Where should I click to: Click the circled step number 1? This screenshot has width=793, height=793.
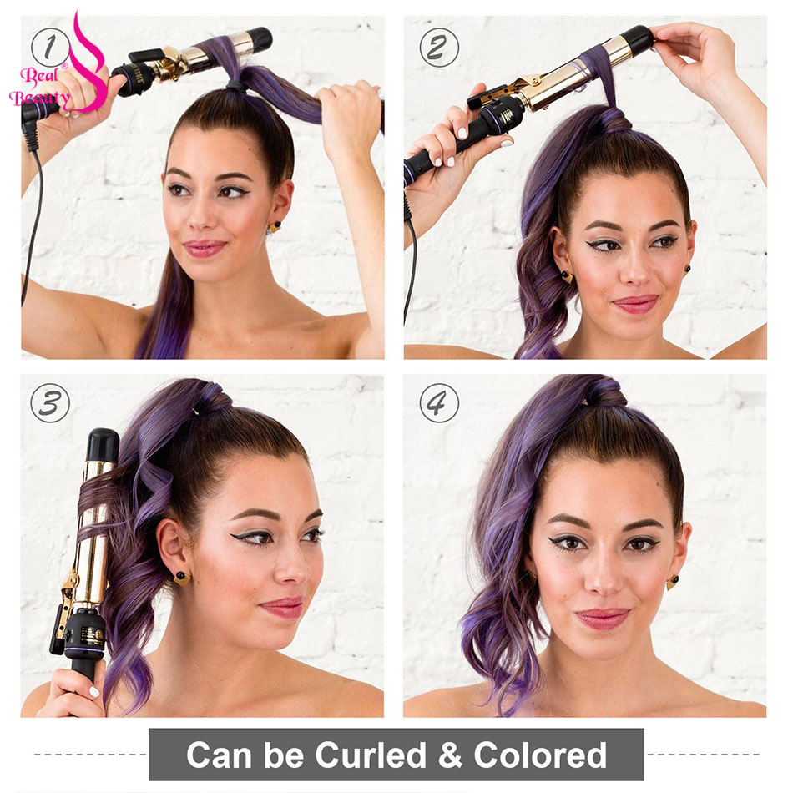(50, 48)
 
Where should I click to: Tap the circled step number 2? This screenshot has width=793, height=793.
(439, 48)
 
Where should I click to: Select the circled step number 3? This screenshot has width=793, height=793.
(50, 403)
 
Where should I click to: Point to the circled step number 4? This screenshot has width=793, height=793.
(439, 403)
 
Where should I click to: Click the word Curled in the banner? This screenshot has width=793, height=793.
(371, 755)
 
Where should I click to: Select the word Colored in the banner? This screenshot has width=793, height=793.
(540, 755)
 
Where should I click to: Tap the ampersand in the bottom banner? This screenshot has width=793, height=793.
(450, 755)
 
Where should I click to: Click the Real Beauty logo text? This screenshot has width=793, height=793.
(39, 87)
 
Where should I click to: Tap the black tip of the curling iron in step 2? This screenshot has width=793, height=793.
(638, 39)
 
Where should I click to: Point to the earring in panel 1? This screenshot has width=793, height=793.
(275, 226)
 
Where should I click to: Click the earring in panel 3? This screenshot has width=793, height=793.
(181, 578)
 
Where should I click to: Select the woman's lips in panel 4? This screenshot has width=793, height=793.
(603, 619)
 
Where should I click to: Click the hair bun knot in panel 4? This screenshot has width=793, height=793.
(604, 391)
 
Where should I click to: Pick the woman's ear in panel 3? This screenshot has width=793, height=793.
(171, 546)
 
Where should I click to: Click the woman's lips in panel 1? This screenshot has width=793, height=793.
(205, 248)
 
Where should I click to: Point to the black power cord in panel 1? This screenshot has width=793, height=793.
(32, 212)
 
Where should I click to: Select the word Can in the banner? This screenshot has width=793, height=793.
(219, 755)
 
